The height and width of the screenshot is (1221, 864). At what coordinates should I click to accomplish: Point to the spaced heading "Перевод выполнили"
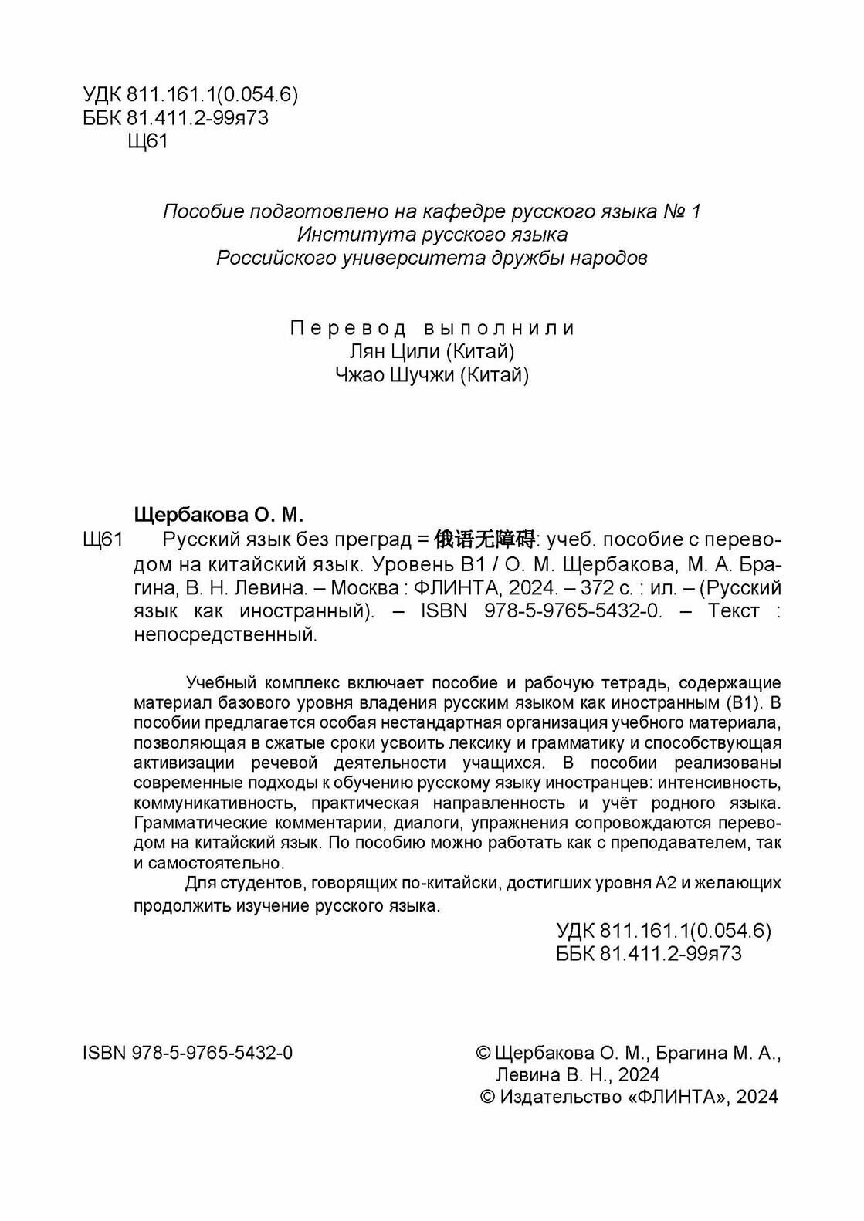tap(432, 328)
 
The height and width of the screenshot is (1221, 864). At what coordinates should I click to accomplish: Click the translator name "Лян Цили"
tap(397, 352)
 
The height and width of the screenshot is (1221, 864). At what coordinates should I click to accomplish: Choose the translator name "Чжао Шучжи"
tap(398, 376)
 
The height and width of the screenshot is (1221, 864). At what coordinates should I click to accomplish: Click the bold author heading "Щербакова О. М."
tap(220, 514)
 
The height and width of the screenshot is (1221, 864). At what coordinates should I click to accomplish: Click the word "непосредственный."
tap(226, 635)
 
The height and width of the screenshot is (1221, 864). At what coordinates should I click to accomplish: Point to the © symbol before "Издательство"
tap(487, 1097)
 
